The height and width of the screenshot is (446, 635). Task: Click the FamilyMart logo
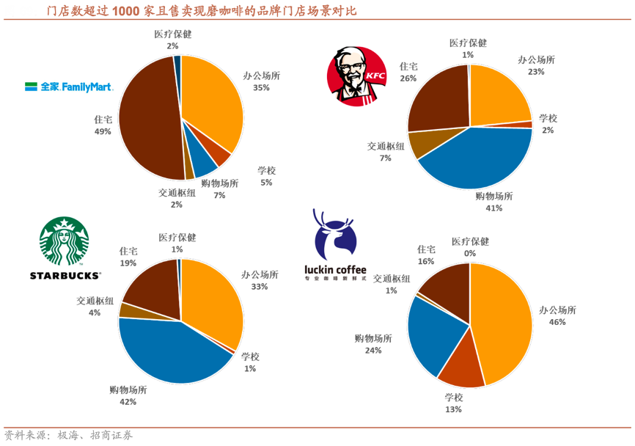[68, 87]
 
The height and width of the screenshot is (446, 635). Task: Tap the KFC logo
[356, 75]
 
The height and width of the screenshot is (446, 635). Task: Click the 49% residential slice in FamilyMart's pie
[147, 117]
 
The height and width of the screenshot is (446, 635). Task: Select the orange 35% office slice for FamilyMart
[213, 103]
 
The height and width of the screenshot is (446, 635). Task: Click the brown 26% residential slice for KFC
[436, 103]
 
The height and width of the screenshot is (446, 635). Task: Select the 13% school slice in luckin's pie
[462, 367]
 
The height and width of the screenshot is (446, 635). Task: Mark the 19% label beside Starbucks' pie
[128, 263]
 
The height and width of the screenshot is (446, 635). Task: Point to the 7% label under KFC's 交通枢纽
[385, 158]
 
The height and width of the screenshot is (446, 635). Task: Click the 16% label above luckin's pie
[426, 262]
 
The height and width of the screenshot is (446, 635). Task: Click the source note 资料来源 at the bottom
[26, 436]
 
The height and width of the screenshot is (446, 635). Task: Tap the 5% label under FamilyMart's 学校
[265, 183]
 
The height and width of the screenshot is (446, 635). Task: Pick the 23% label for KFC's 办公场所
[536, 73]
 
